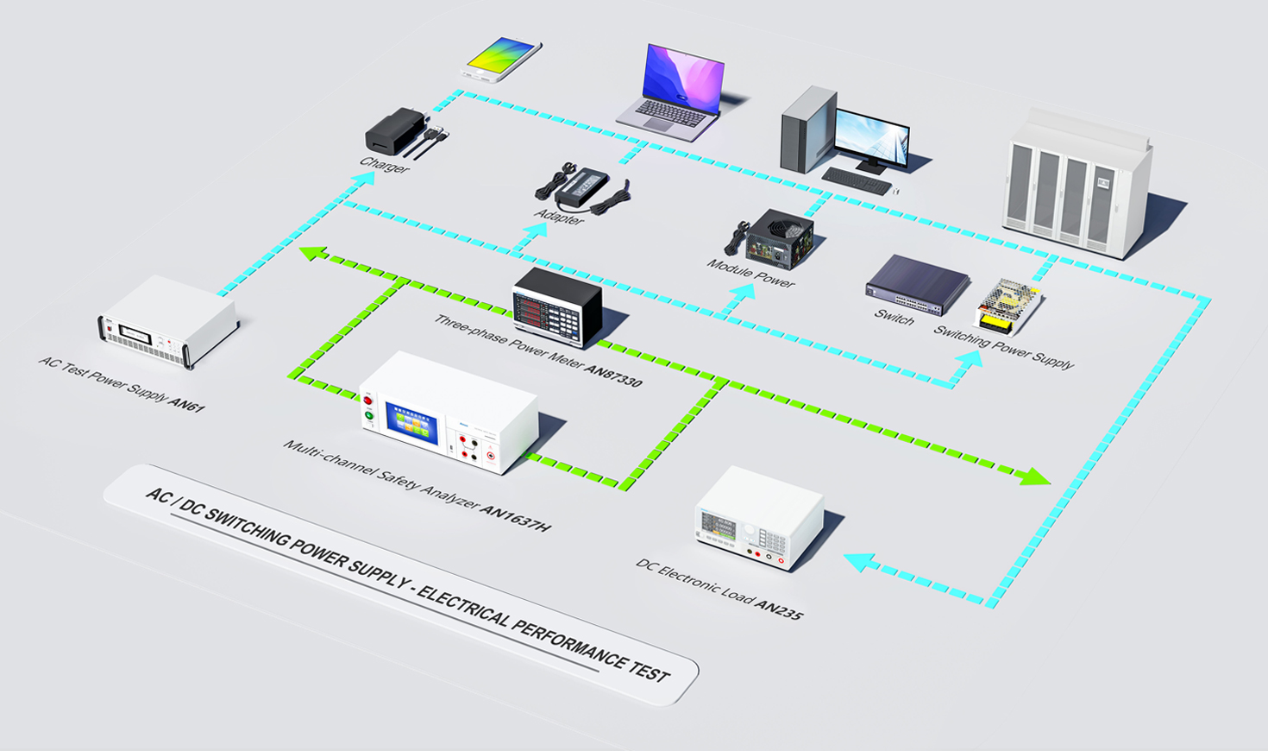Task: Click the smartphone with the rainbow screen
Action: pos(501,60)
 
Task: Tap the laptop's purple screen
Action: pos(684,79)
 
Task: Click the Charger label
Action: pos(384,165)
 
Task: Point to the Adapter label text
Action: pos(559,217)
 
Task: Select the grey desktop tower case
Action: pos(808,129)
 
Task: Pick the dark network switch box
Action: pos(917,285)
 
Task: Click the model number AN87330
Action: pos(613,376)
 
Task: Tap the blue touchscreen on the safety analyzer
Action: pos(412,423)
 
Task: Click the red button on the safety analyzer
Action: pos(368,401)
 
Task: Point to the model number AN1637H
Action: pos(515,518)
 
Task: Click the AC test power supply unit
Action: pos(169,321)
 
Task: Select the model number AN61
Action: pos(187,404)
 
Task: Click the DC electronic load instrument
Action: pos(759,518)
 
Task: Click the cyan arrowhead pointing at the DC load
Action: pos(861,563)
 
